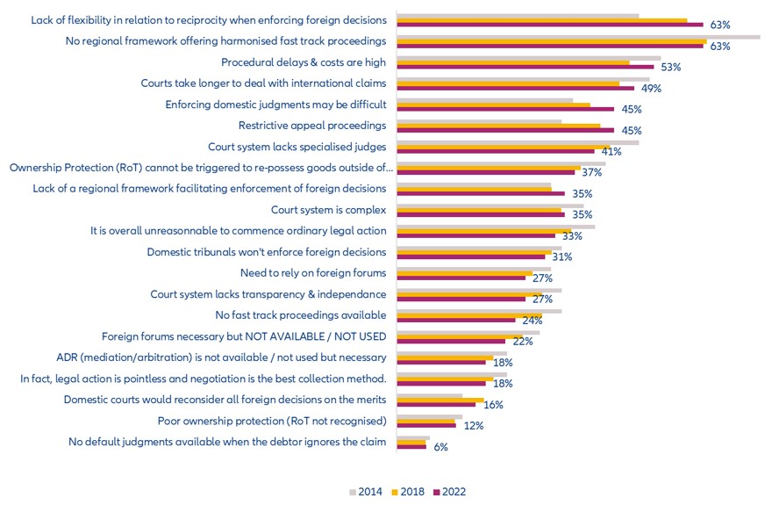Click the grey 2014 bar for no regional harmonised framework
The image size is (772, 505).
point(578,36)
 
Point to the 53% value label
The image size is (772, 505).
point(671,68)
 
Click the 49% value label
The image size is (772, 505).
point(651,89)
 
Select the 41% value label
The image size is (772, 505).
point(611,152)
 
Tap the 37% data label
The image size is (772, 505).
point(592,173)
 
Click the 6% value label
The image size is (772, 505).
point(440,447)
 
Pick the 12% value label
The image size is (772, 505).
point(474,426)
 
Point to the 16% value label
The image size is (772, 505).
point(494,405)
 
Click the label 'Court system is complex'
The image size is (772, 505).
point(329,210)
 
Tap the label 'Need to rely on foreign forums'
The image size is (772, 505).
point(313,273)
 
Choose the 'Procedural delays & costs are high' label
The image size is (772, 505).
point(304,62)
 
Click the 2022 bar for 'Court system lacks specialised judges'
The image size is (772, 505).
point(496,151)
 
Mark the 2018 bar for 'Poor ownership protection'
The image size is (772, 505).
point(426,421)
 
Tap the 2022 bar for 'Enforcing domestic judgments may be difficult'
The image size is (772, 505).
point(505,109)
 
